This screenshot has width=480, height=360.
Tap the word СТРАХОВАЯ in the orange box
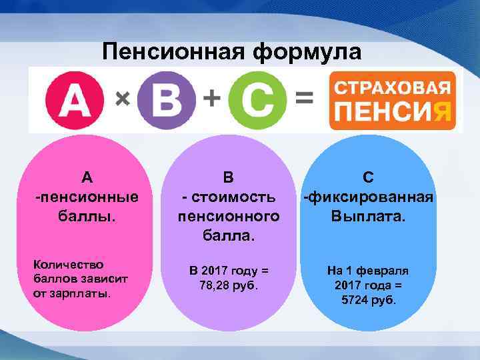coord(393,87)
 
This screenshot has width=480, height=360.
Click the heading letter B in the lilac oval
coord(228,177)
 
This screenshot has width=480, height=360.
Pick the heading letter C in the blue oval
coord(369,177)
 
